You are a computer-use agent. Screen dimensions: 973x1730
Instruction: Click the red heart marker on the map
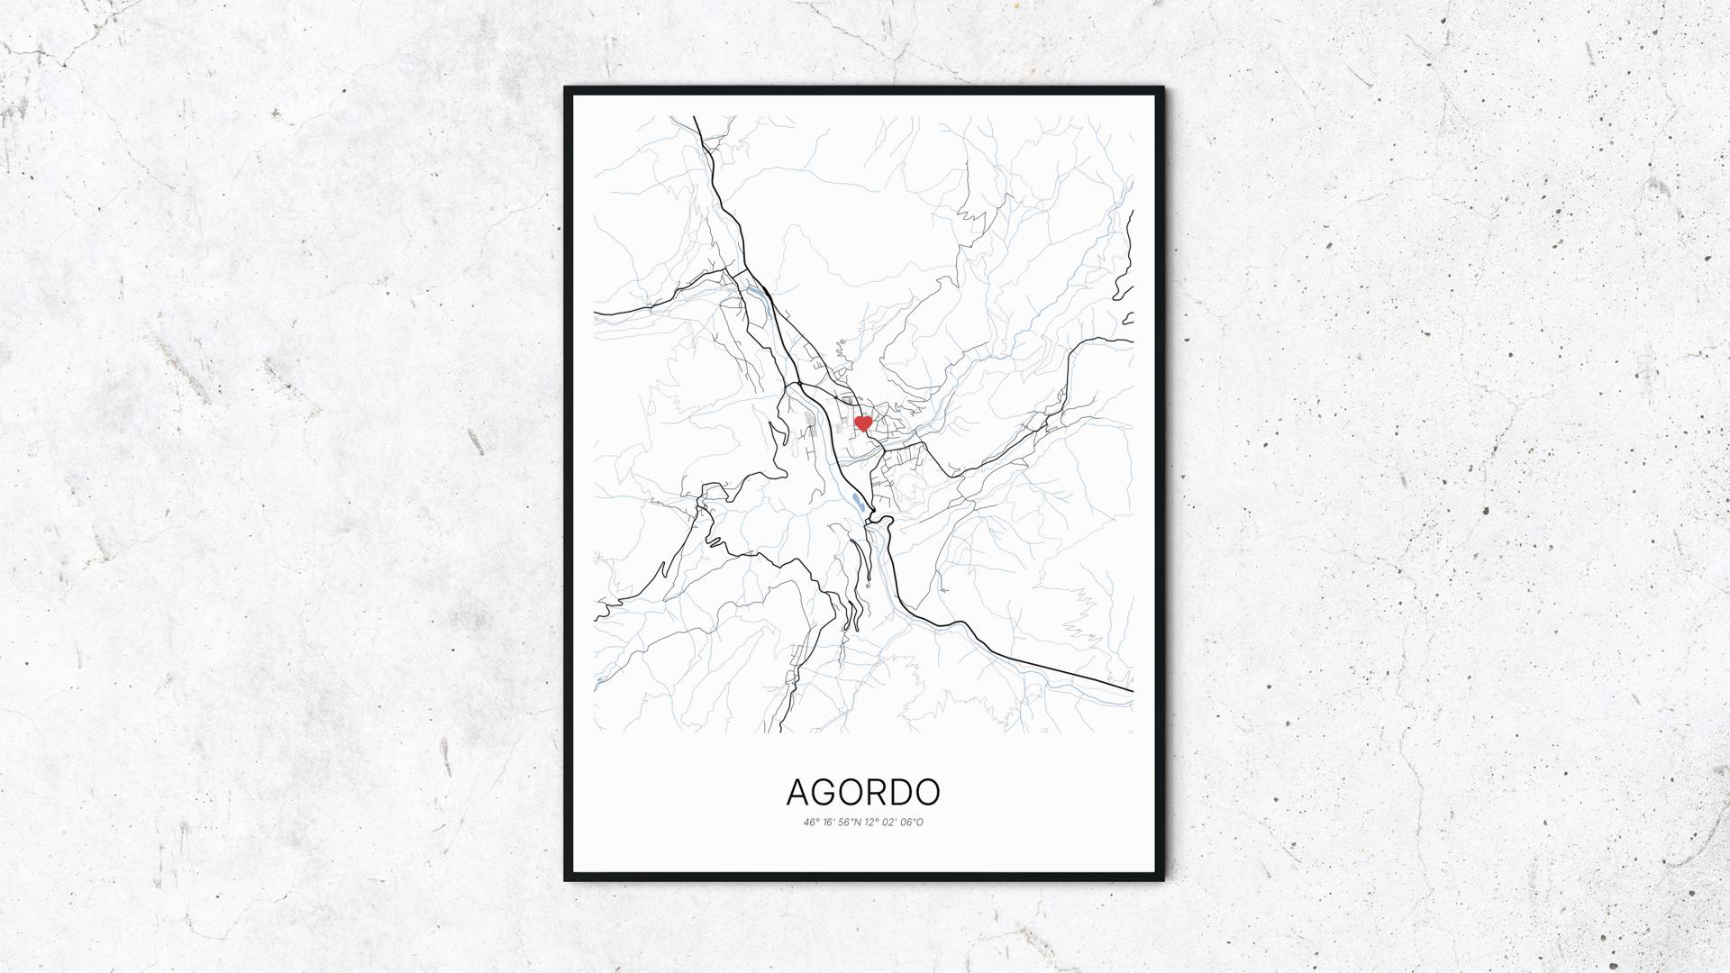tap(862, 423)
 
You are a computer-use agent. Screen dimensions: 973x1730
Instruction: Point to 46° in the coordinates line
tap(811, 823)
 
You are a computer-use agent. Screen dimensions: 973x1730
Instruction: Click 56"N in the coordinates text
tap(848, 823)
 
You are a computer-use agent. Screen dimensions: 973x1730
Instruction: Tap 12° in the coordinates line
tap(871, 823)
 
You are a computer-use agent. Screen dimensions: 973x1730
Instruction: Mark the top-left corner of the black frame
tap(566, 88)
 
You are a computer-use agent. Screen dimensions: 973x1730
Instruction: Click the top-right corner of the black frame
tap(1163, 88)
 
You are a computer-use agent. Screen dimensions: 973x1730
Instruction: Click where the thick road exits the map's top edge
tap(695, 117)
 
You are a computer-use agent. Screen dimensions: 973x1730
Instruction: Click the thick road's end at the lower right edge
tap(1132, 691)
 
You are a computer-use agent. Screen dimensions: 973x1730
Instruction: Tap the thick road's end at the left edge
tap(596, 313)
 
